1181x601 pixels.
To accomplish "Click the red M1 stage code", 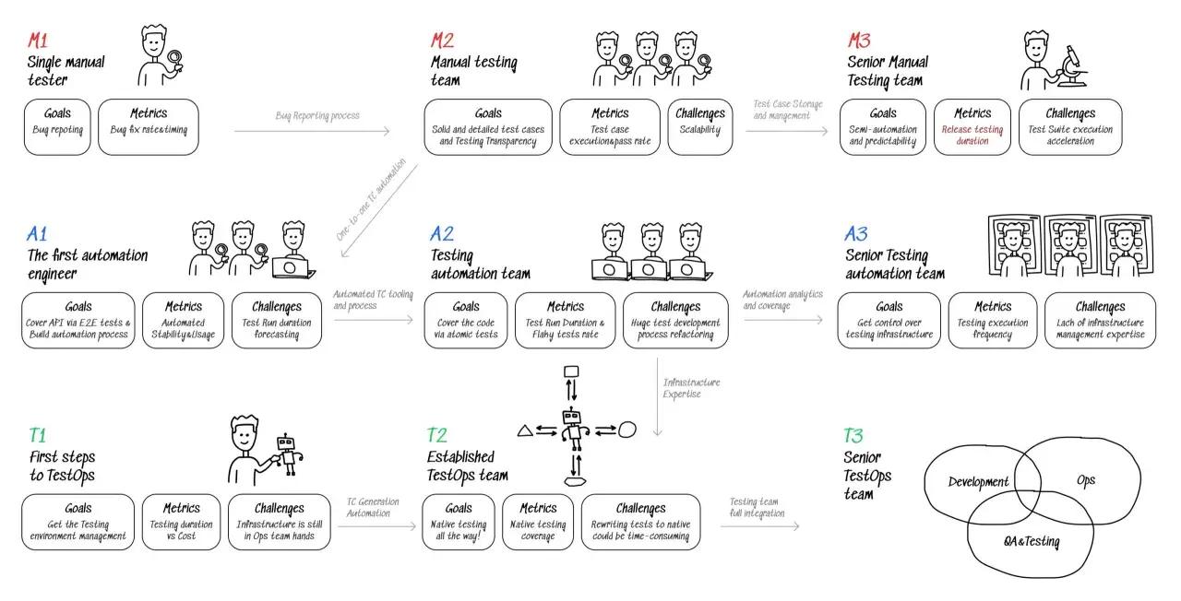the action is pos(38,41).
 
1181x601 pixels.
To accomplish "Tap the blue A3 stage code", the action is pos(855,234).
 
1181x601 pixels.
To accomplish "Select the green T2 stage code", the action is pos(437,435).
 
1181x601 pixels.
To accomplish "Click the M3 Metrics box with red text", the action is pos(972,127).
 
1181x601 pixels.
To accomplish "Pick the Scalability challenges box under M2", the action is pos(700,127).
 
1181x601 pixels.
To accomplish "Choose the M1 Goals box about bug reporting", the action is pos(57,127).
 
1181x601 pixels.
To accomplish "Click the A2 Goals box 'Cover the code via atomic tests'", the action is pos(466,320).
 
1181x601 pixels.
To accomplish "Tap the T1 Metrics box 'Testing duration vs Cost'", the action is pos(182,522).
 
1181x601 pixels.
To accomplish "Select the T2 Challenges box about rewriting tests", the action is pos(641,522).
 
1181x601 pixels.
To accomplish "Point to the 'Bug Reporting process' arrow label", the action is pos(317,115).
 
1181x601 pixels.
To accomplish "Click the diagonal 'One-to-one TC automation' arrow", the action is pos(379,211).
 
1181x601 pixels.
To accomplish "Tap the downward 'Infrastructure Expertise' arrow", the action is pos(658,397).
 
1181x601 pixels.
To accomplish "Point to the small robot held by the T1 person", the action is pos(288,455).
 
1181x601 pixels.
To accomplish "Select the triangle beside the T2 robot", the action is pos(525,430).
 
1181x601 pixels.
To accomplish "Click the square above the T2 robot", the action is pos(571,371).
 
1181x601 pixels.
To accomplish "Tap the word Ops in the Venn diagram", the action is pos(1086,480).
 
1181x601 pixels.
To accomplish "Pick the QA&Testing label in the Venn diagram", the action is pos(1032,541).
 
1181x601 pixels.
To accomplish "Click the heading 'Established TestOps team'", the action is pos(468,466).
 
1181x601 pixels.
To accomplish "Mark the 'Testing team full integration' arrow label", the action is pos(758,507).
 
